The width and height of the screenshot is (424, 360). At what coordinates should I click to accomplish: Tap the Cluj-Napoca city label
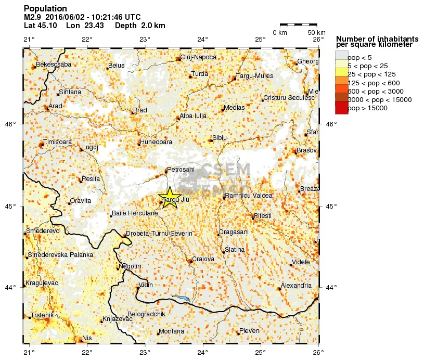coord(198,58)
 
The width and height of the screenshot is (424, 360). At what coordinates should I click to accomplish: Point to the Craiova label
coord(203,259)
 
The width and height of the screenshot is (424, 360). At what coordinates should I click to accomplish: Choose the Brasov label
coord(307,150)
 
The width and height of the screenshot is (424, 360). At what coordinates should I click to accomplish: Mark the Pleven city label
coord(249,331)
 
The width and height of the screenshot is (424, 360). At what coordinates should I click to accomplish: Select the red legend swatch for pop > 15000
coord(341,108)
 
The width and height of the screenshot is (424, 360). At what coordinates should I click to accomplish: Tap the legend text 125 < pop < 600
coord(373,82)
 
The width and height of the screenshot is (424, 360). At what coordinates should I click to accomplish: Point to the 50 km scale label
coord(309,33)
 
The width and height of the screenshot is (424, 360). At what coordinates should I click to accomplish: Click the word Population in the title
coord(45,9)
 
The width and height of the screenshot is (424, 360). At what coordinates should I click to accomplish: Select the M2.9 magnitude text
coord(33,17)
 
